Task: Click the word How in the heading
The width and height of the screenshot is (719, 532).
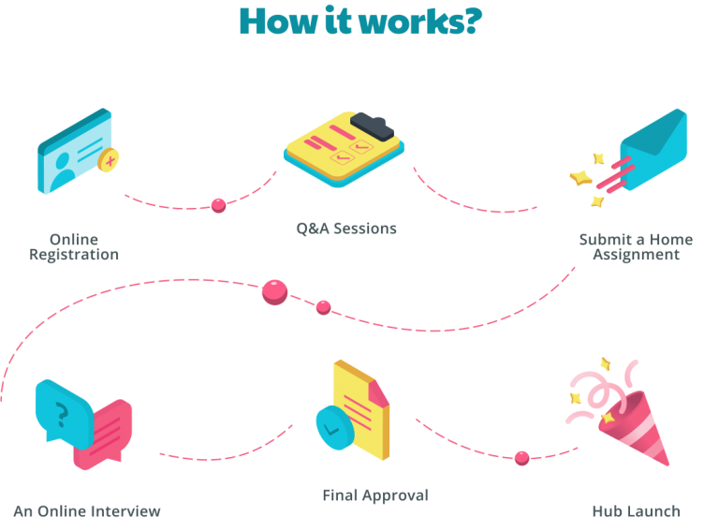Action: coord(278,22)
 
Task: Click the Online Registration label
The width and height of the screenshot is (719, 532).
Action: coord(74,246)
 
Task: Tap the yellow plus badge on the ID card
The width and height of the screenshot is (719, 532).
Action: coord(109,160)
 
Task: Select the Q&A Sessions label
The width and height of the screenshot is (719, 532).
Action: coord(346,229)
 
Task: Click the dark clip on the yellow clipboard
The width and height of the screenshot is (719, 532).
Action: coord(372,126)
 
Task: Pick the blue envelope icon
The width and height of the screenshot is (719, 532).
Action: coord(653,150)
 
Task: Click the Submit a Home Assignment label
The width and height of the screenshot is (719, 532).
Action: coord(636,246)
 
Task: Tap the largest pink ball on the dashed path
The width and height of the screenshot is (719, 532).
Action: coord(274,292)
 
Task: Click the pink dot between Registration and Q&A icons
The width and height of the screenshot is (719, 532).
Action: coord(219,205)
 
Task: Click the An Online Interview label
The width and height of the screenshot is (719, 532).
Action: coord(87,510)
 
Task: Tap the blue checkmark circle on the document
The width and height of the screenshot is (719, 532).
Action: coord(335,427)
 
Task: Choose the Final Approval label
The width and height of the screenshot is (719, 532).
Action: coord(375,495)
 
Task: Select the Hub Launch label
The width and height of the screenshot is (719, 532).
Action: coord(636,510)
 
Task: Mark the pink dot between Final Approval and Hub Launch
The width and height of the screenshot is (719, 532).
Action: coord(521,458)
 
